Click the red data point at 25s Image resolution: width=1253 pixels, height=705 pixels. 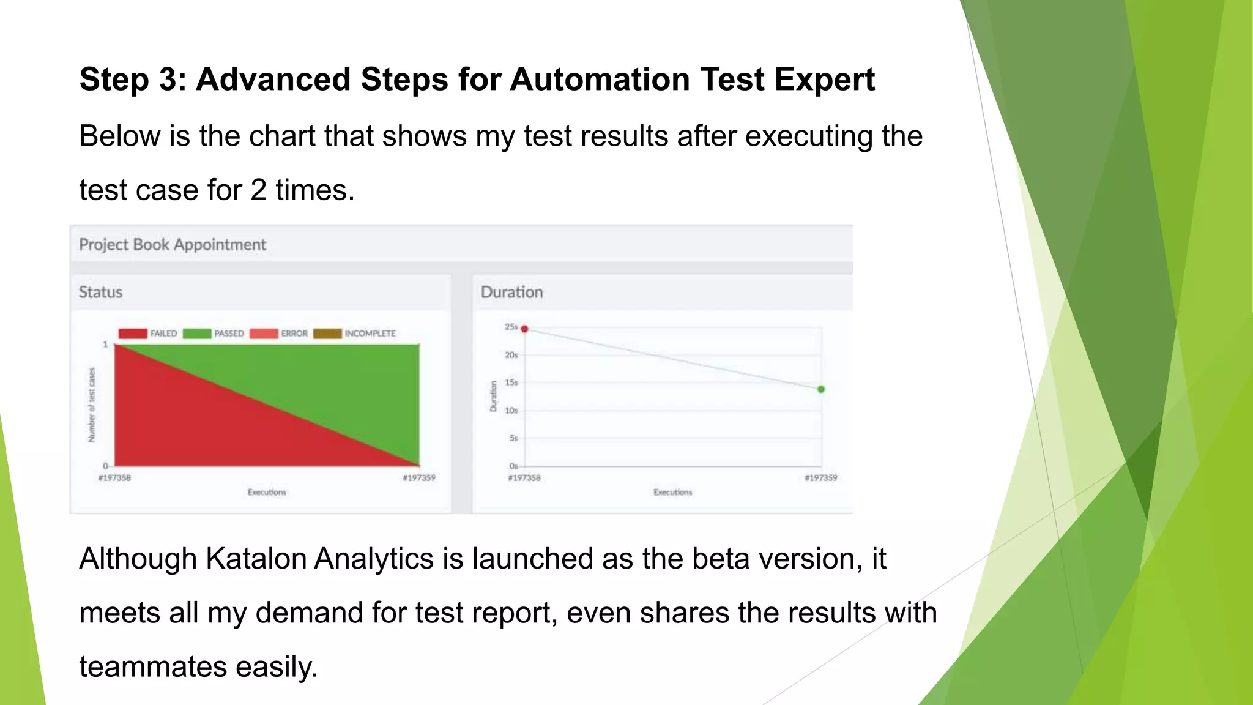524,329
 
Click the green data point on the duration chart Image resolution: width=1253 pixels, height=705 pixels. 821,389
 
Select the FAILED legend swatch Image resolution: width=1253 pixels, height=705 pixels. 133,334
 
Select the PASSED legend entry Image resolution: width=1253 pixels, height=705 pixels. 229,334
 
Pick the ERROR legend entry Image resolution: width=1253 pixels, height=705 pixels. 294,334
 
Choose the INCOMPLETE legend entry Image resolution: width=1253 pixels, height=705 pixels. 370,334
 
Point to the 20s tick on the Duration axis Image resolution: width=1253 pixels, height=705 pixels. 511,355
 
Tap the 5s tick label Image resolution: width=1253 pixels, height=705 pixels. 513,438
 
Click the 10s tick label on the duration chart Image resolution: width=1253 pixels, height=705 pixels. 511,411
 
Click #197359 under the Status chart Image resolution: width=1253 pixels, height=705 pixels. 419,478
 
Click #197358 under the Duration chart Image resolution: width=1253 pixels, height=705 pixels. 524,478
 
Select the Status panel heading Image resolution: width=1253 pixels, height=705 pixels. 100,293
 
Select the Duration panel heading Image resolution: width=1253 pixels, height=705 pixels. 511,293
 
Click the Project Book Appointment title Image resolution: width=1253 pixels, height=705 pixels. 173,245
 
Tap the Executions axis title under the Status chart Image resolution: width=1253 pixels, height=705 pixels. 267,492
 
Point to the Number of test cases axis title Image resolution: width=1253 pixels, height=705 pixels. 92,405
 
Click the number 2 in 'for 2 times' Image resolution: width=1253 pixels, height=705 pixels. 258,190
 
